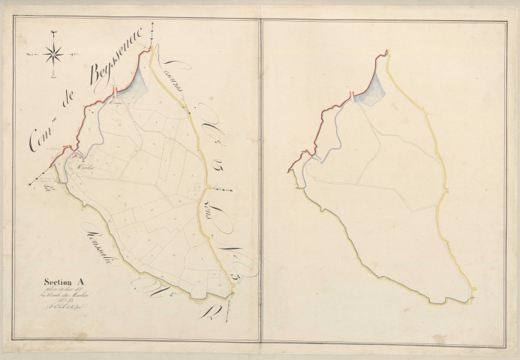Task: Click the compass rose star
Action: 54,52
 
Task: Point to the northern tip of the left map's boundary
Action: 152,49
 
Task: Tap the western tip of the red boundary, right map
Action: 289,172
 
